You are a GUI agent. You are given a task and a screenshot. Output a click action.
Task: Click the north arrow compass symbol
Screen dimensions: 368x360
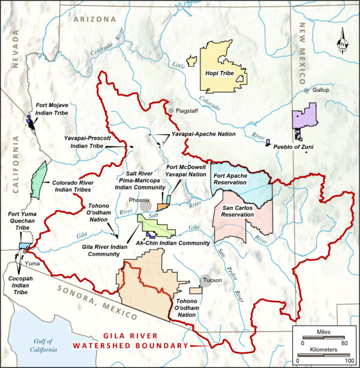(341, 43)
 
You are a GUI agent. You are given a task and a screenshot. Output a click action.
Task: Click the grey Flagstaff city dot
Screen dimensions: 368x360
(171, 111)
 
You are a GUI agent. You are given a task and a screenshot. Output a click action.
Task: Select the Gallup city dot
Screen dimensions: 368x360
(307, 90)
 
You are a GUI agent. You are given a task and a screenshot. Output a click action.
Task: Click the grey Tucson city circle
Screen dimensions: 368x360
(205, 281)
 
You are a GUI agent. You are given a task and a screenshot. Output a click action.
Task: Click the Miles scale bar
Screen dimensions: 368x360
(323, 337)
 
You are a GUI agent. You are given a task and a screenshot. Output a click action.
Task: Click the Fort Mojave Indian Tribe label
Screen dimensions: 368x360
(52, 109)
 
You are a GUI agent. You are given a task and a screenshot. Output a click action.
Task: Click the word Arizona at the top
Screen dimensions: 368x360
(94, 19)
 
